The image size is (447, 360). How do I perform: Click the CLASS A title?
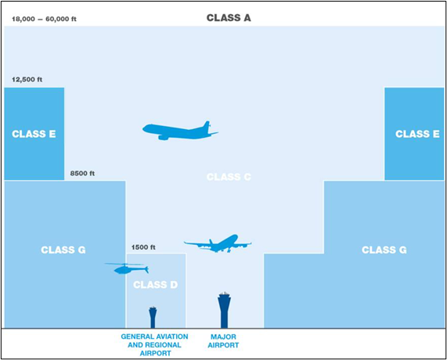point(229,18)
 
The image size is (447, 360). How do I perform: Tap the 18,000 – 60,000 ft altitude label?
point(44,19)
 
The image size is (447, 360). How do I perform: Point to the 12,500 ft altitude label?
point(27,80)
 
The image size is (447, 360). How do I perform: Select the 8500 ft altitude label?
point(82,173)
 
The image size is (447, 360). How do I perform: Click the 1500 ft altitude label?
point(143,247)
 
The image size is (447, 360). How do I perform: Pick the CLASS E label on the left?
point(34,134)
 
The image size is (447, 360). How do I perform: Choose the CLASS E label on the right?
point(417,134)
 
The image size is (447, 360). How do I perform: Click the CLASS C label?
point(229,177)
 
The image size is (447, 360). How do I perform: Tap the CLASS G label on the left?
point(63,250)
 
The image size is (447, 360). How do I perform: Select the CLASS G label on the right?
point(384,250)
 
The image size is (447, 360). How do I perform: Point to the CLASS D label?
point(155,285)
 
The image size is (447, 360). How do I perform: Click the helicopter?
point(126,268)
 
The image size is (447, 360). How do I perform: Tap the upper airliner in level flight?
point(180,131)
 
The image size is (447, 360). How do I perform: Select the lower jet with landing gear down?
point(218,243)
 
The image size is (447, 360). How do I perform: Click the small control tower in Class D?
point(153,317)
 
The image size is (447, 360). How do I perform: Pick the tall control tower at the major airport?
point(225,310)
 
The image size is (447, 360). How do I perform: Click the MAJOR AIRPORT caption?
point(223,341)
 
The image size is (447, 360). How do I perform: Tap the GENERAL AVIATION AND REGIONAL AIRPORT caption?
point(154,345)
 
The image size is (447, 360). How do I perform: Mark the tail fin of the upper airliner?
point(207,126)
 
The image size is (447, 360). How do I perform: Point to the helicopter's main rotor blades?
point(125,265)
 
